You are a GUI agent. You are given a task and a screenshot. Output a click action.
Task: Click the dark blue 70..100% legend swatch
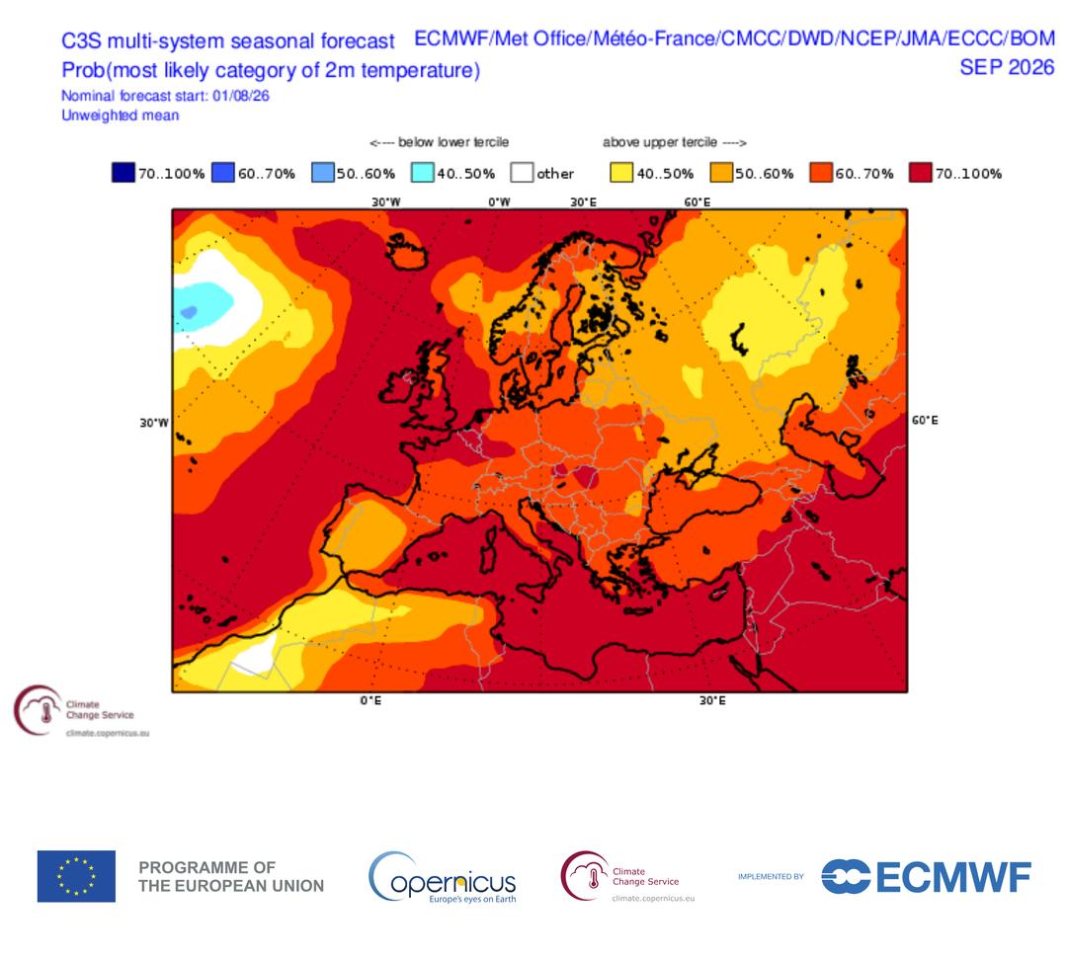tap(123, 173)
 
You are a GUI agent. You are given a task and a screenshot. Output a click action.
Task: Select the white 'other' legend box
tap(522, 173)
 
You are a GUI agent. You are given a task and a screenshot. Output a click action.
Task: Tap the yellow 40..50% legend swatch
tap(621, 173)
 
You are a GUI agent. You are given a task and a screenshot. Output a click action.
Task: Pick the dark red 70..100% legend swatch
tap(921, 173)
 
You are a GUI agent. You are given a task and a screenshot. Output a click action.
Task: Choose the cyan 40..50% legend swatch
tap(423, 173)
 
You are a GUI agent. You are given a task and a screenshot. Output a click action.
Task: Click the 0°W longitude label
tap(499, 202)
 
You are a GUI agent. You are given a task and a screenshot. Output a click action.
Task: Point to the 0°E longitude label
tap(370, 700)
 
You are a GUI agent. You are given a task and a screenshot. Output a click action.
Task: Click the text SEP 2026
tap(1007, 67)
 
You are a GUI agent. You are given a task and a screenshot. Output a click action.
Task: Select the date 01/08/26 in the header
tap(241, 96)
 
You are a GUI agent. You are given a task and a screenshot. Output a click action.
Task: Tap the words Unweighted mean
tap(121, 115)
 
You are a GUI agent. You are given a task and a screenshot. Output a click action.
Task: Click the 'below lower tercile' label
tap(453, 142)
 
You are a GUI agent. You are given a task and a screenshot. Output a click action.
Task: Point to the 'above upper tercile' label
tap(660, 142)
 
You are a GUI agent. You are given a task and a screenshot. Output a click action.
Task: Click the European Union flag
tap(76, 876)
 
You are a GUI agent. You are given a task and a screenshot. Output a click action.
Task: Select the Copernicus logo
tap(443, 878)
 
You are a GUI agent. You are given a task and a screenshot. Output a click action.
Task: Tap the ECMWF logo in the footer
tap(926, 876)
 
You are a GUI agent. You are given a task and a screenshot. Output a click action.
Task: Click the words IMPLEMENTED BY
tap(771, 876)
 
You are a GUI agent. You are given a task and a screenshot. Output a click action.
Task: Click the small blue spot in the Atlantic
tap(189, 312)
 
